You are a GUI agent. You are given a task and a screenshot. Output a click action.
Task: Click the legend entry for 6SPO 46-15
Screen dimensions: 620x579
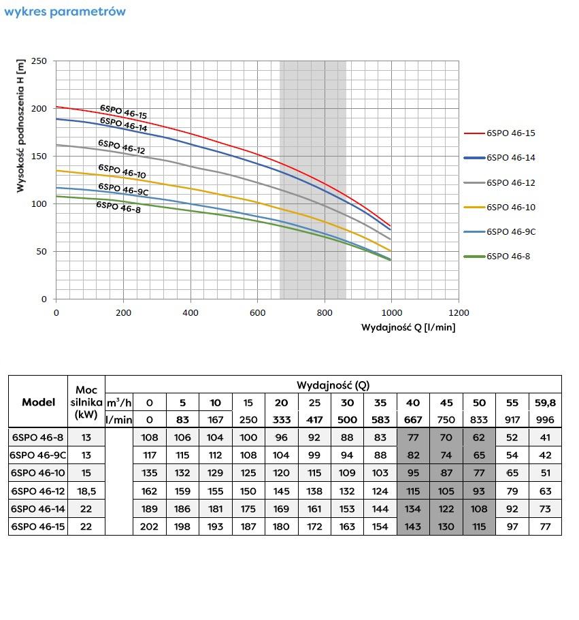click(x=510, y=133)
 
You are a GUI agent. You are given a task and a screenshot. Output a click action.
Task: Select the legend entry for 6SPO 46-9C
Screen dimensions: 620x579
click(x=510, y=231)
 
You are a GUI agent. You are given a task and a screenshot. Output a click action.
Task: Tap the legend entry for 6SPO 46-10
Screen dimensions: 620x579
click(x=510, y=207)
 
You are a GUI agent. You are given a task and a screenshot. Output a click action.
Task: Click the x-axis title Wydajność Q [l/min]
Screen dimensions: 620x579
click(x=408, y=327)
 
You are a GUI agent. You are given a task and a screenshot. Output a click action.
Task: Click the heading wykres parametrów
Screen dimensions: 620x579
click(x=65, y=12)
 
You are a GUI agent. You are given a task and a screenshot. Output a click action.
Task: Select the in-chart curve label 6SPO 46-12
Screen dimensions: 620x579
click(x=121, y=147)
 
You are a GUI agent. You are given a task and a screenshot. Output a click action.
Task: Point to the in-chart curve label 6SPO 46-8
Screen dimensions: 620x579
click(x=118, y=206)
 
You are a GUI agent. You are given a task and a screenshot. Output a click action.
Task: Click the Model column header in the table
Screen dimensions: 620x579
click(x=38, y=402)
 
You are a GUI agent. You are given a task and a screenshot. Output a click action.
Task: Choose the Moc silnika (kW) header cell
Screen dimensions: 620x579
click(x=87, y=401)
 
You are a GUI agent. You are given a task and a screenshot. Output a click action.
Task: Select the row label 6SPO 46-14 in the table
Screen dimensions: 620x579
click(x=38, y=508)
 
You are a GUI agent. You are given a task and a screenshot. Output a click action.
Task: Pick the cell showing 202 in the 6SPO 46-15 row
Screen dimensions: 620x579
click(x=149, y=526)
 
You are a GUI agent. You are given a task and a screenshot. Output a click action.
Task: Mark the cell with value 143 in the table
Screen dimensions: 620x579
click(x=414, y=526)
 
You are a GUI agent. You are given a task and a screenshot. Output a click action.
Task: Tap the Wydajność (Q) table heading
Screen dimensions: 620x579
click(x=333, y=385)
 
